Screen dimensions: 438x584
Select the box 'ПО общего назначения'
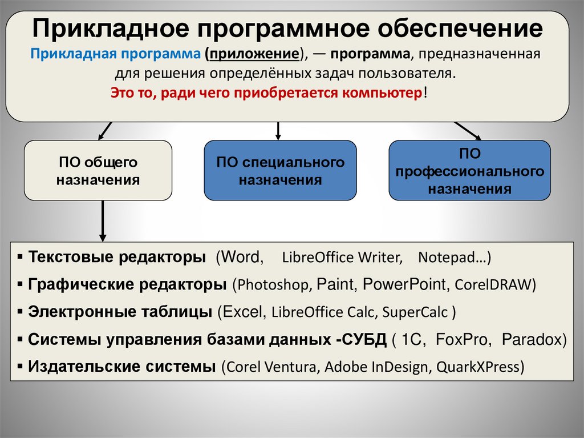click(x=98, y=171)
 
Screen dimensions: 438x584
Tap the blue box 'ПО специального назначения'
click(x=280, y=171)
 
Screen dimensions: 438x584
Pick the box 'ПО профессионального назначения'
click(x=469, y=171)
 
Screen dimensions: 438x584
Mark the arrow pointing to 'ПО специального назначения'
click(x=278, y=131)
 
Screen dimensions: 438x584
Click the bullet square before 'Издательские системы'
click(x=21, y=366)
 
